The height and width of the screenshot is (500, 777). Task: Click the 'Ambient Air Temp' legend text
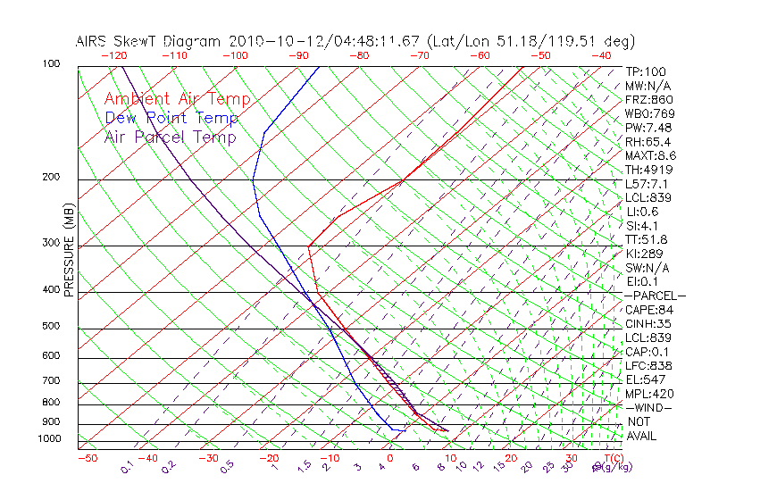coord(177,99)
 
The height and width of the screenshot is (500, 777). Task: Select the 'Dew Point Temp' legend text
coord(171,118)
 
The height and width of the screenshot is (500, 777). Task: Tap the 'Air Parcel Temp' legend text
coord(170,137)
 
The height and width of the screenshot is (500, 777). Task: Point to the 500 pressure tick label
coord(52,327)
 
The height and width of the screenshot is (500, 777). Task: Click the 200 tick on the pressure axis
coord(52,178)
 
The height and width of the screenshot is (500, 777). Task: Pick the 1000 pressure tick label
coord(49,439)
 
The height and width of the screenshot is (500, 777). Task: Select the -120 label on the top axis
coord(113,55)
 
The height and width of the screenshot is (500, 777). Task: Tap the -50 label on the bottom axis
coord(87,458)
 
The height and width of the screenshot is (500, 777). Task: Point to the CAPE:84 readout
coord(647,310)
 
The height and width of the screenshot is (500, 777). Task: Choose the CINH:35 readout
coord(647,324)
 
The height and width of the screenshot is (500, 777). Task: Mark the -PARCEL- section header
coord(656,296)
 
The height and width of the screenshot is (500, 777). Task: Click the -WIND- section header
coord(649,408)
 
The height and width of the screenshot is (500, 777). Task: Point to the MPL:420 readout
coord(649,394)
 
